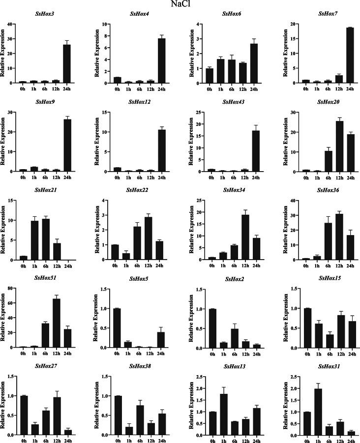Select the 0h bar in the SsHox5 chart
click(117, 328)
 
